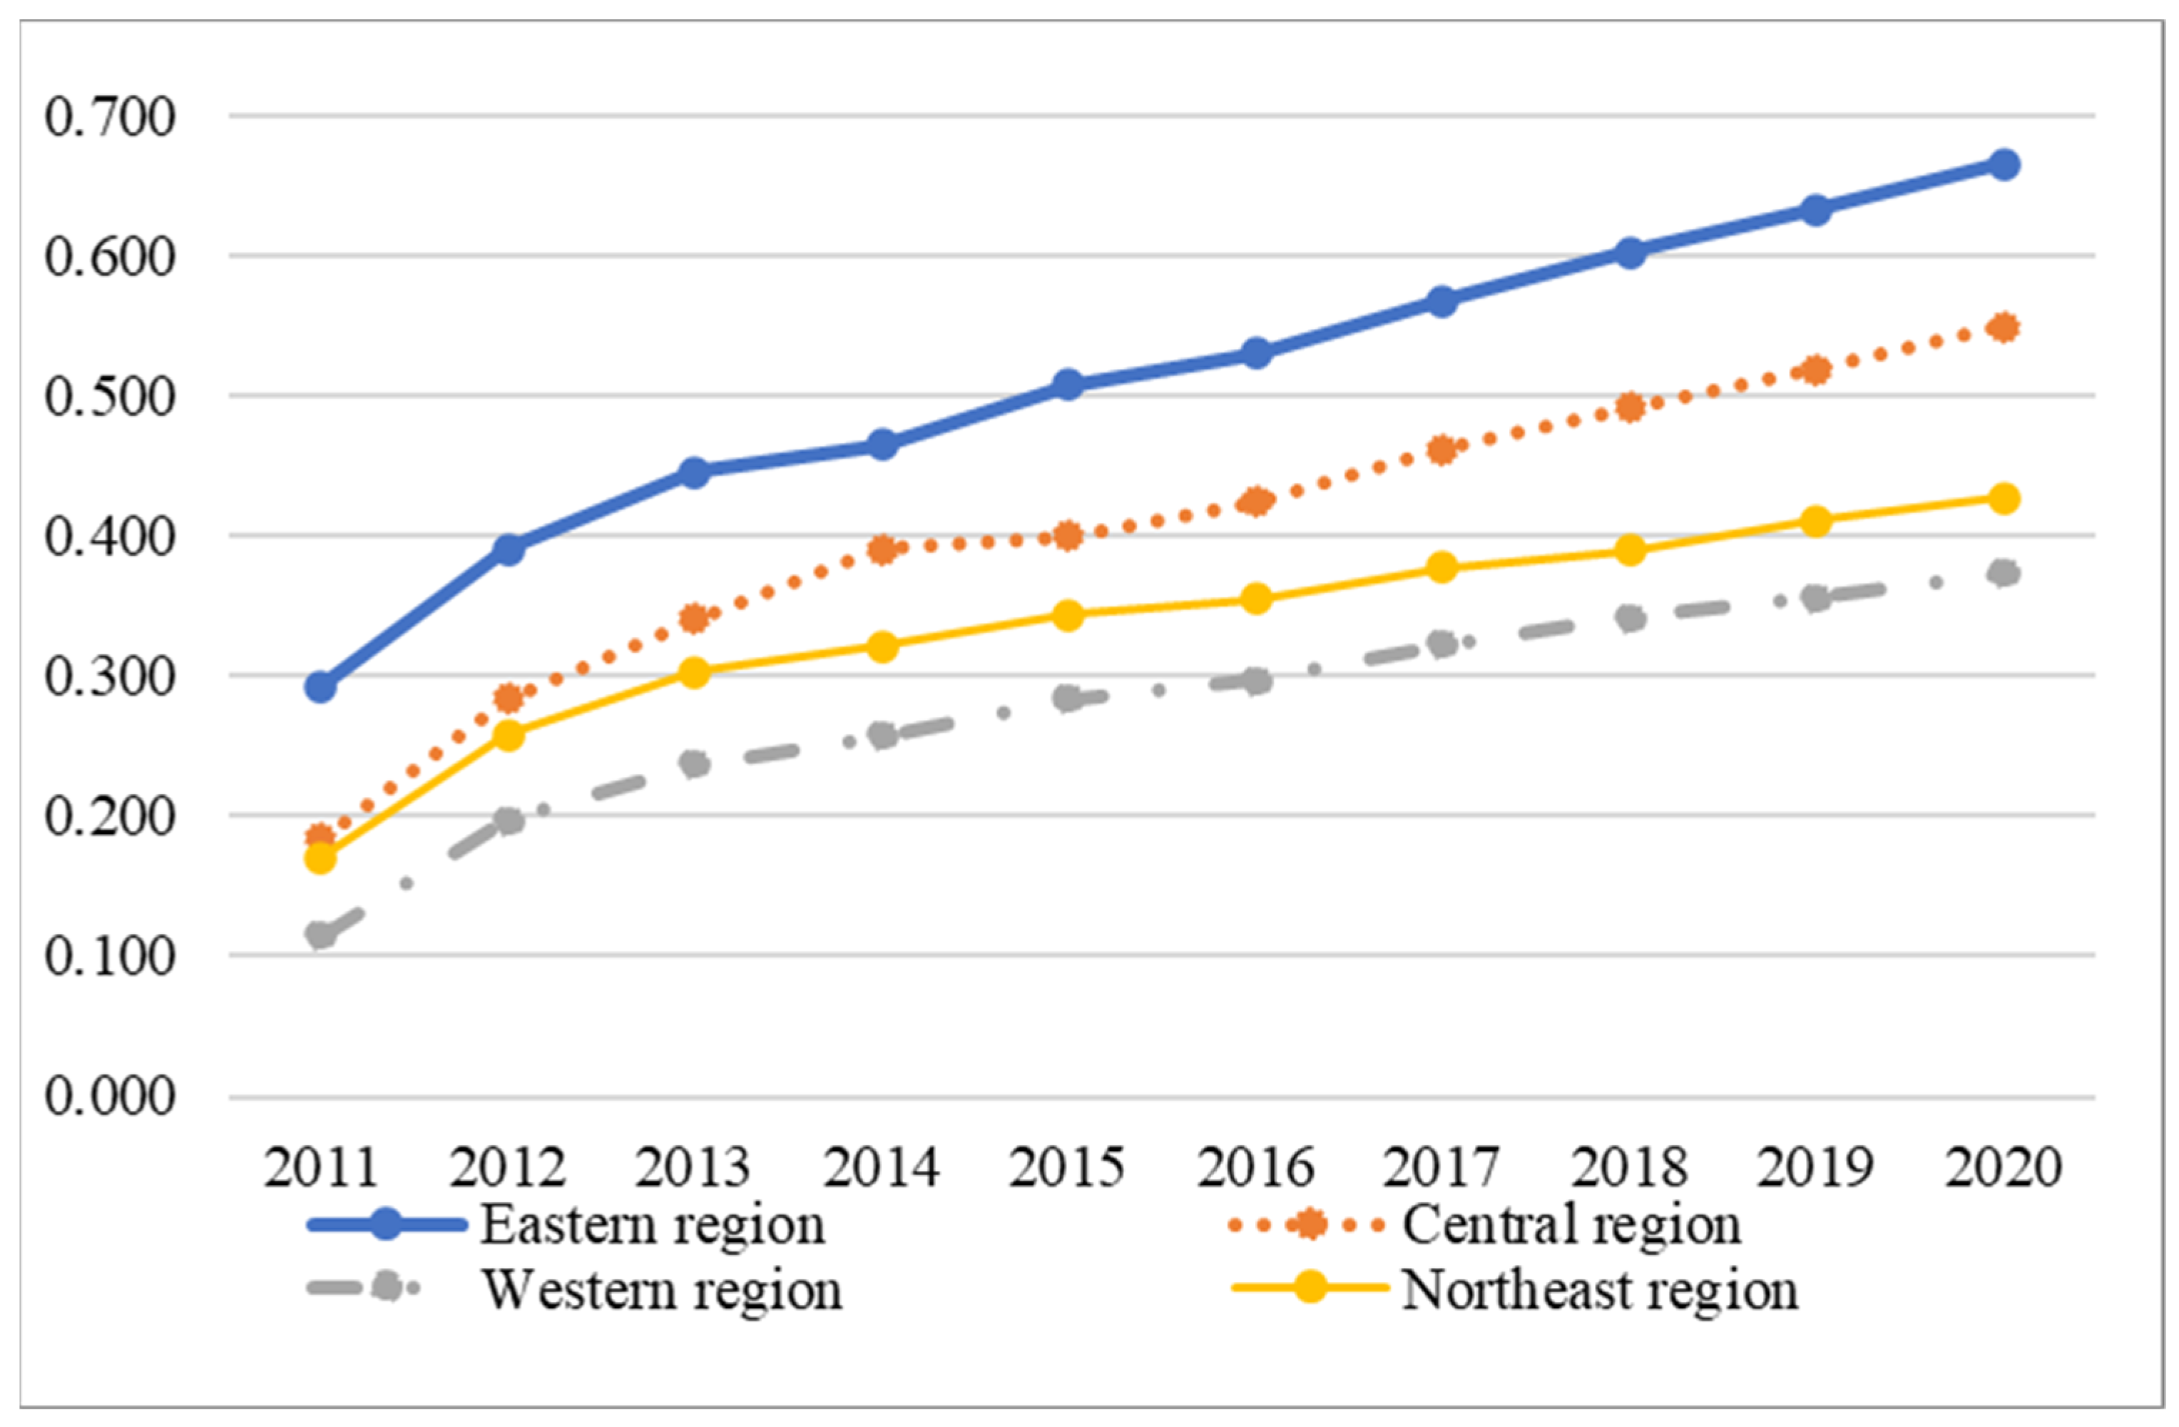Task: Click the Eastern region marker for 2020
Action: [2004, 165]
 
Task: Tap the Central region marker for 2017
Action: [1442, 450]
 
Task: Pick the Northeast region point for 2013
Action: [695, 672]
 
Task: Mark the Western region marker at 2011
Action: [320, 935]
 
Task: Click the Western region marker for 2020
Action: [2004, 574]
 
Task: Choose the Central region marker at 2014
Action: [882, 549]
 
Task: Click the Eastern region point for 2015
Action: [1068, 384]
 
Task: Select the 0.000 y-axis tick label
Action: [110, 1097]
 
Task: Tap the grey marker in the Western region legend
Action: [387, 1287]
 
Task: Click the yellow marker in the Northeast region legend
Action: [1310, 1287]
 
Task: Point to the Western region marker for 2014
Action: [882, 736]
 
